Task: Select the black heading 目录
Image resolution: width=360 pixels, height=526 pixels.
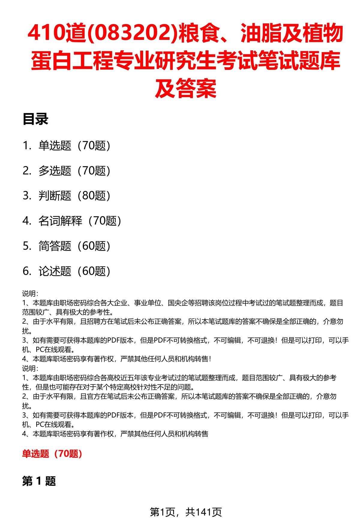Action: click(x=35, y=119)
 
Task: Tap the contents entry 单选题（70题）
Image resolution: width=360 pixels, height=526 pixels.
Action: click(x=74, y=146)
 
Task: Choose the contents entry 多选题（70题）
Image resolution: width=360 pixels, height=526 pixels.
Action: click(x=74, y=171)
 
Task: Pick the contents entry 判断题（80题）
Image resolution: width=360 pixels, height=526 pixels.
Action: click(x=74, y=196)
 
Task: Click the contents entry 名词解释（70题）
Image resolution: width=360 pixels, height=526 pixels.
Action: click(x=79, y=221)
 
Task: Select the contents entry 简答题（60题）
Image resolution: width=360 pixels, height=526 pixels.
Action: click(x=74, y=246)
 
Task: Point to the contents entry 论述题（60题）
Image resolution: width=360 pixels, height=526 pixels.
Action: click(x=74, y=271)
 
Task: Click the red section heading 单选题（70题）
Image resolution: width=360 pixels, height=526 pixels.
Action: click(x=52, y=454)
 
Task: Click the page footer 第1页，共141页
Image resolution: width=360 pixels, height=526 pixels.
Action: click(x=186, y=512)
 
